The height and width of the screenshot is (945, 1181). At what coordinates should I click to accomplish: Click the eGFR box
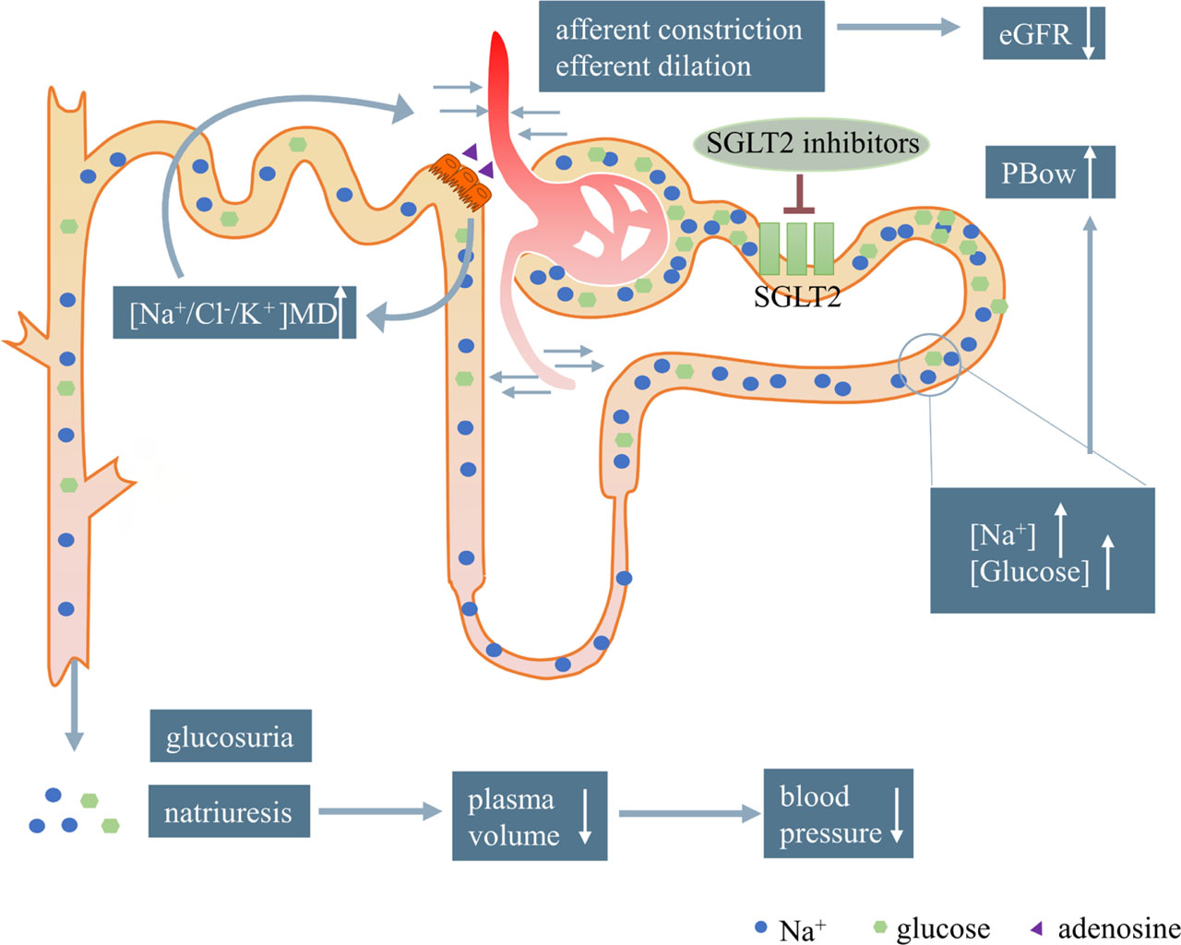(x=1044, y=33)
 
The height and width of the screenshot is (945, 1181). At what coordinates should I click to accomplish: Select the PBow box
(x=1050, y=172)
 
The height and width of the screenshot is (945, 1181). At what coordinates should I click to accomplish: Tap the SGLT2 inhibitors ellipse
(x=812, y=143)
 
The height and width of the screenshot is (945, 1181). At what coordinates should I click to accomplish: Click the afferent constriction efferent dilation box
(x=681, y=47)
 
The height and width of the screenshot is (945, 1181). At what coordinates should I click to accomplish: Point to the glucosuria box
(x=231, y=736)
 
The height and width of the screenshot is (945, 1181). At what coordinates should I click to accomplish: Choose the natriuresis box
(x=229, y=811)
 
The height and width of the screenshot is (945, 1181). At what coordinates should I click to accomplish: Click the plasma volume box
(x=530, y=816)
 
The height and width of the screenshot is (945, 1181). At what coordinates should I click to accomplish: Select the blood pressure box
(x=838, y=814)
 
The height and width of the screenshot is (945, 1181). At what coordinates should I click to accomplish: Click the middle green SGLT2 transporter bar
(x=797, y=248)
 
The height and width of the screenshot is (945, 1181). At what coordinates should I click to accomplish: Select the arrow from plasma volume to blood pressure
(x=687, y=814)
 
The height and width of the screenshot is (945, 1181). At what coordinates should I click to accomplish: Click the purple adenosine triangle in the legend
(x=1036, y=927)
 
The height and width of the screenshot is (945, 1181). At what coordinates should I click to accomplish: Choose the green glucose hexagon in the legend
(x=879, y=927)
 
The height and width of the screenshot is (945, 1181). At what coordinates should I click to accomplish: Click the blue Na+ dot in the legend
(x=761, y=927)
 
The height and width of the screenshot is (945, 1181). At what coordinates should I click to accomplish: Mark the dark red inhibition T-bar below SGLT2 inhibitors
(x=798, y=196)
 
